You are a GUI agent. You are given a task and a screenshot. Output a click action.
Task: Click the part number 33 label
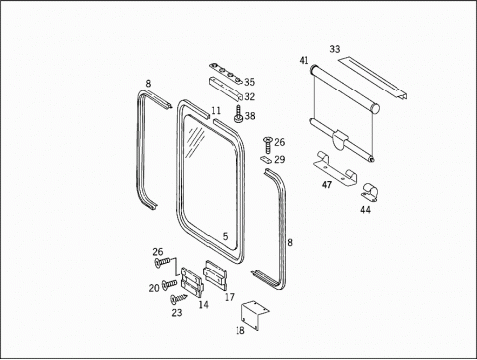pyautogui.click(x=335, y=49)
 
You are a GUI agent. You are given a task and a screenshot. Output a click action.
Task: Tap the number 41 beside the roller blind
pyautogui.click(x=304, y=60)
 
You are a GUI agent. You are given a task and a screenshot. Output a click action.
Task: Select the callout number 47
pyautogui.click(x=327, y=185)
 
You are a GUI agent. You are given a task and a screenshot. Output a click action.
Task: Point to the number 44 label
pyautogui.click(x=365, y=210)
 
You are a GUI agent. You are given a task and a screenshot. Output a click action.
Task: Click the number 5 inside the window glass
pyautogui.click(x=226, y=237)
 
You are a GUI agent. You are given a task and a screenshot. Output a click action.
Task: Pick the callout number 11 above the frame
pyautogui.click(x=216, y=111)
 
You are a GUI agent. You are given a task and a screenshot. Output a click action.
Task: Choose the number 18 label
pyautogui.click(x=240, y=330)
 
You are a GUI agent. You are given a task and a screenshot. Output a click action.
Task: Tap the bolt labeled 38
pyautogui.click(x=238, y=114)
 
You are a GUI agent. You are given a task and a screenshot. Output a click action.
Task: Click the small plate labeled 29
pyautogui.click(x=266, y=159)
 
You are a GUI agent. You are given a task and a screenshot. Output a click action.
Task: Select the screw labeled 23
pyautogui.click(x=178, y=298)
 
